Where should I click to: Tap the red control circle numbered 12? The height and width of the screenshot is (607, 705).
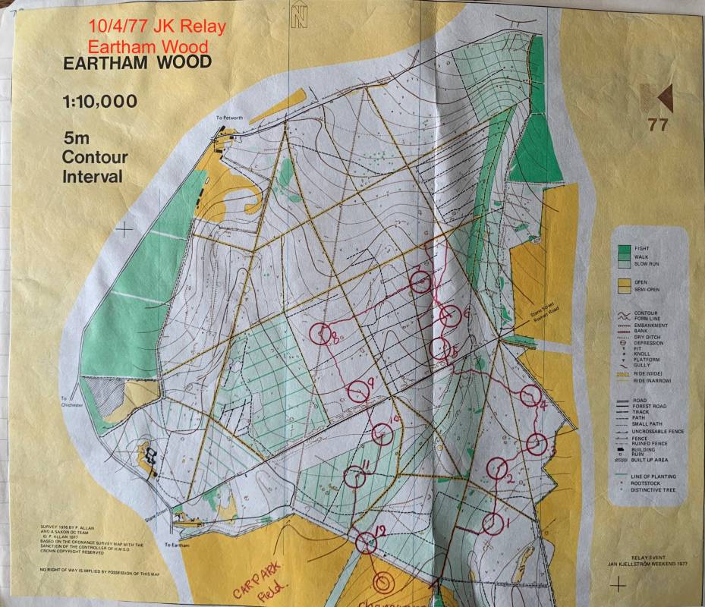pyautogui.click(x=367, y=543)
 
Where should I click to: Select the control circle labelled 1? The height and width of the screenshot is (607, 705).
pyautogui.click(x=493, y=523)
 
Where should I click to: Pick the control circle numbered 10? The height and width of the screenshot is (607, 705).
pyautogui.click(x=383, y=434)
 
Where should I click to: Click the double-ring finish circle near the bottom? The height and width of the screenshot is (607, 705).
pyautogui.click(x=384, y=582)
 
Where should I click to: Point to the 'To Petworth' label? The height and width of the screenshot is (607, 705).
pyautogui.click(x=228, y=118)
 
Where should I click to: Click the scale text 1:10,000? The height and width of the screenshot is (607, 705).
pyautogui.click(x=100, y=102)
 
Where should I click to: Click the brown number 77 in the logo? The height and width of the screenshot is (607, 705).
pyautogui.click(x=656, y=125)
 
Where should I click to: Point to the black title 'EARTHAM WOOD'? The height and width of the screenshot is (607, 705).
pyautogui.click(x=137, y=63)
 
